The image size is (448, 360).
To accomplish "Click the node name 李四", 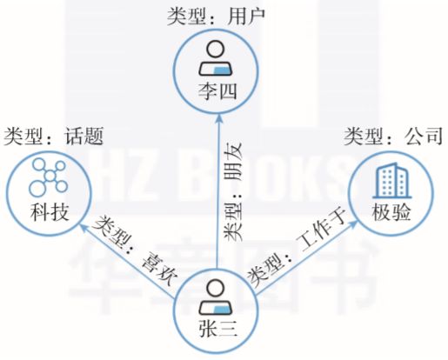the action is [217, 91].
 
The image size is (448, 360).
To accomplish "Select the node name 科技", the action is [50, 212].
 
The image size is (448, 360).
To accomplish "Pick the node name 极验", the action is [391, 212].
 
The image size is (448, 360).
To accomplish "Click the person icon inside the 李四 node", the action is [216, 58].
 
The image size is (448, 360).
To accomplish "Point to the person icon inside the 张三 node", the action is [217, 297].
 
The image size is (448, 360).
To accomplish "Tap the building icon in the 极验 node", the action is [392, 180].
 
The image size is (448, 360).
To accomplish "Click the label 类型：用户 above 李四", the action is [217, 17].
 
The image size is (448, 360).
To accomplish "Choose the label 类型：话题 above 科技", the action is [54, 136].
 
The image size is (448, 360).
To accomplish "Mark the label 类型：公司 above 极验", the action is [393, 136].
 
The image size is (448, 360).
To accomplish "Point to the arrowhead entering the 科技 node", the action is [84, 228].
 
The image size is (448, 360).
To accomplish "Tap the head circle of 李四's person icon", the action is [216, 50].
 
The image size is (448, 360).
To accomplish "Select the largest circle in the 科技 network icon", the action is [37, 188].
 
